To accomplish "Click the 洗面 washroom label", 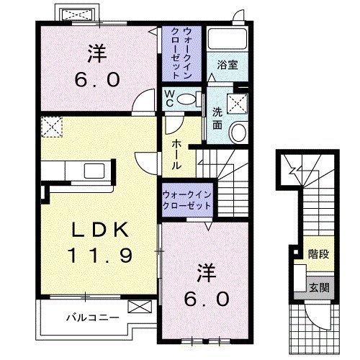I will pos(217,117).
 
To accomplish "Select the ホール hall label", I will pos(176,154).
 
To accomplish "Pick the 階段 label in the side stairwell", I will pos(317,253).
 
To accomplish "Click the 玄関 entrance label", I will pos(317,287).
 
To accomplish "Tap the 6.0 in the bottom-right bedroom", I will pos(207,297).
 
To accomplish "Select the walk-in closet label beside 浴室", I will pos(181,51).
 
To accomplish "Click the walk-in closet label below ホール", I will pos(187,199).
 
